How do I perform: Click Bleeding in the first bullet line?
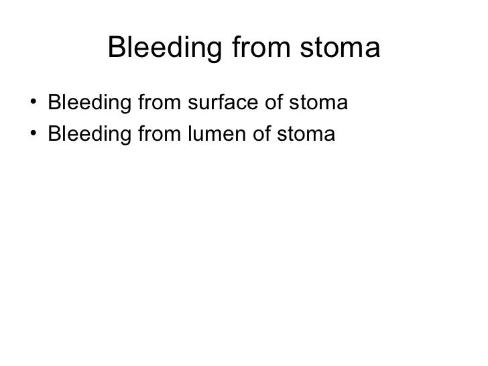click(85, 105)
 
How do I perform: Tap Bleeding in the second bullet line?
click(85, 135)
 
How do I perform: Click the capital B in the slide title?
click(117, 48)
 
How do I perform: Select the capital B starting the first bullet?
click(54, 105)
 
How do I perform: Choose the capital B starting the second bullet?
click(54, 135)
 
